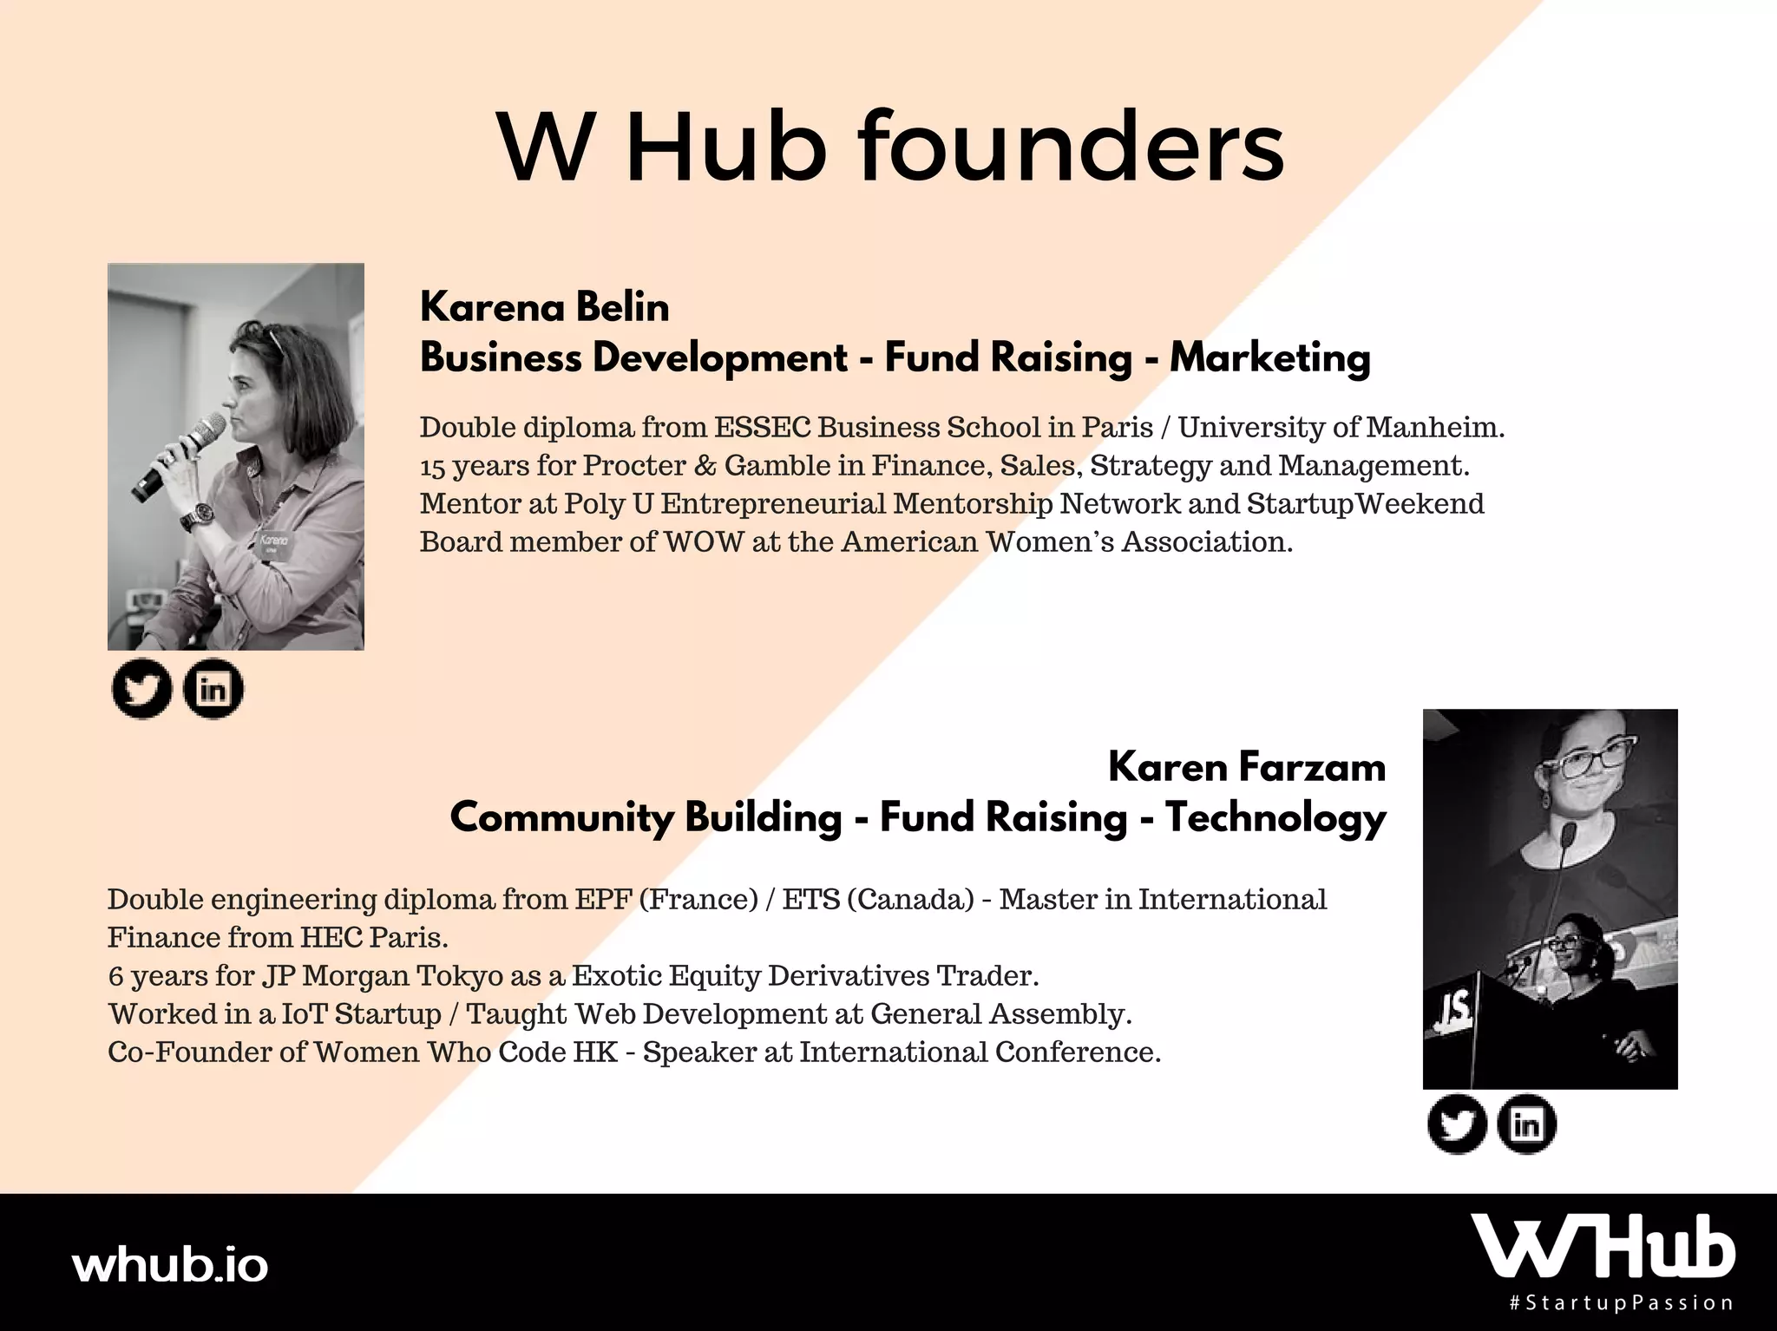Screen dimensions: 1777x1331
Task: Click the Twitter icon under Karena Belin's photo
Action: (141, 691)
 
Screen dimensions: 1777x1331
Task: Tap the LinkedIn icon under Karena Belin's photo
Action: (213, 691)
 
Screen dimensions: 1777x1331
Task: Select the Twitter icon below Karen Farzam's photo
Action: (1457, 1124)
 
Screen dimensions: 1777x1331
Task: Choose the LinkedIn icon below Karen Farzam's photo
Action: (1527, 1124)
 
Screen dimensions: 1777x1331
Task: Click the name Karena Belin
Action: (545, 307)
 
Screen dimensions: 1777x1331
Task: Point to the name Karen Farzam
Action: (1247, 767)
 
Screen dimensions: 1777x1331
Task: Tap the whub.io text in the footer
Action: (170, 1266)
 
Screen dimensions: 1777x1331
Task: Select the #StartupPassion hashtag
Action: (1622, 1303)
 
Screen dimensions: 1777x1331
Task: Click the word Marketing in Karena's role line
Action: (1270, 358)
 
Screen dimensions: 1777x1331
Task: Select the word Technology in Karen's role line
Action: (1275, 818)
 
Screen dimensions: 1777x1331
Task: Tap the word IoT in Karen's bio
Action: (305, 1013)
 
